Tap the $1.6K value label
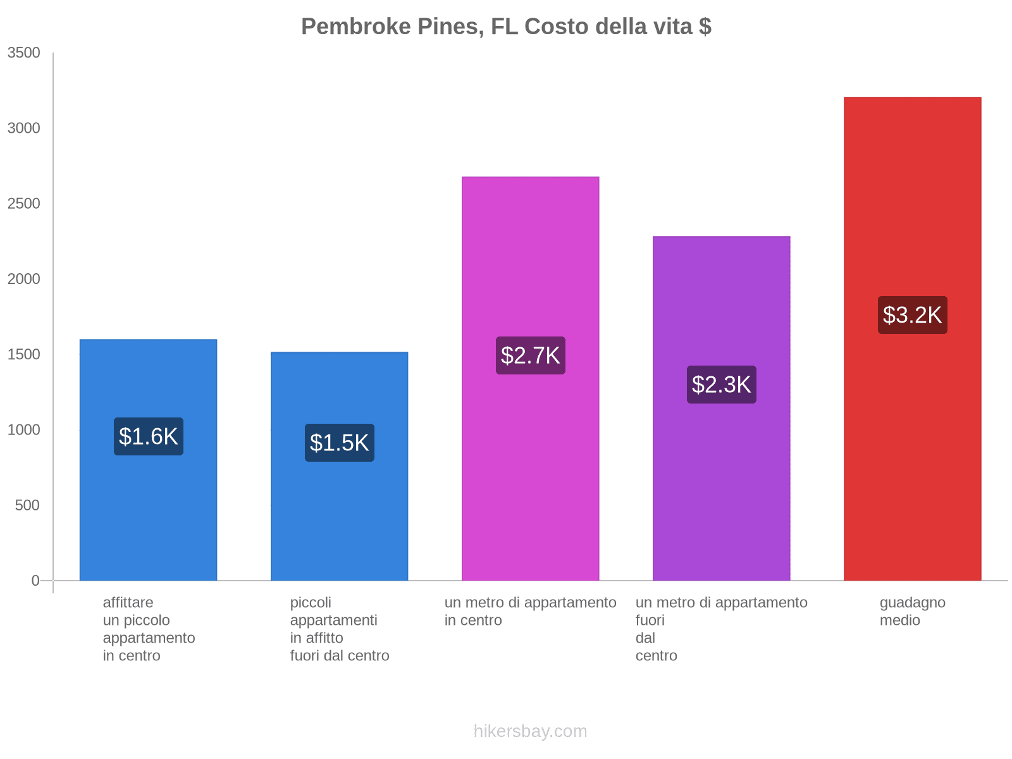point(149,436)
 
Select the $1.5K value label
point(340,443)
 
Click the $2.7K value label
point(530,355)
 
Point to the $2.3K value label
point(721,385)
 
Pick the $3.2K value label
point(912,315)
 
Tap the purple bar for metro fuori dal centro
point(721,493)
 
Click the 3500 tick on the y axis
point(24,53)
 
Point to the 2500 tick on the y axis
point(24,204)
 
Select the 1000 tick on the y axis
point(24,430)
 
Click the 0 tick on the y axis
point(35,581)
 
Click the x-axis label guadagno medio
point(911,611)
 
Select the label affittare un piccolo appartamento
point(149,629)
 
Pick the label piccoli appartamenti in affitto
point(339,629)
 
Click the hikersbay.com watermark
point(530,731)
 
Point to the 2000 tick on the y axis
point(24,279)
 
